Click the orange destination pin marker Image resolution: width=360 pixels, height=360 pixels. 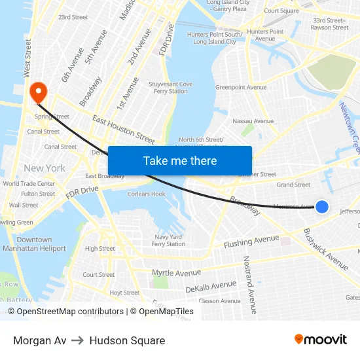pyautogui.click(x=38, y=92)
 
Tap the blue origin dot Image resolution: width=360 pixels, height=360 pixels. pyautogui.click(x=322, y=207)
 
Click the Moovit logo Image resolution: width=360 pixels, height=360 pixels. pyautogui.click(x=320, y=340)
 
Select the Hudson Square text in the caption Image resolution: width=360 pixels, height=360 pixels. pyautogui.click(x=127, y=340)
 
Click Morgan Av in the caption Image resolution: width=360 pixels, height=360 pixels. pyautogui.click(x=39, y=340)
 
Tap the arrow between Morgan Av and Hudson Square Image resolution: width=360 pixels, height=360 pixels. pyautogui.click(x=78, y=340)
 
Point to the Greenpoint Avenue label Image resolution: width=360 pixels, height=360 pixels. pyautogui.click(x=241, y=87)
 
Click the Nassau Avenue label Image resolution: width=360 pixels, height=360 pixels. pyautogui.click(x=253, y=121)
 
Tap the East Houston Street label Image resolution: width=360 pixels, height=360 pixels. pyautogui.click(x=124, y=129)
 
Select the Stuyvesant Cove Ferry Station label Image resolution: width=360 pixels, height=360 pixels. pyautogui.click(x=171, y=88)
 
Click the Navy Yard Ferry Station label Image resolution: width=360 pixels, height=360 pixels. pyautogui.click(x=168, y=240)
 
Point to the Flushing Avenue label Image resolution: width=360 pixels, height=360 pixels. pyautogui.click(x=251, y=242)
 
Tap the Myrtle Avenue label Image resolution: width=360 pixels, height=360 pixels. pyautogui.click(x=176, y=272)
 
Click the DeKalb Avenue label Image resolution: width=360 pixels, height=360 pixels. pyautogui.click(x=211, y=286)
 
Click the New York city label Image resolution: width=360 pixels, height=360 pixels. pyautogui.click(x=45, y=168)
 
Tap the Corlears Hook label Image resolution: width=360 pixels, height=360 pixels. pyautogui.click(x=147, y=194)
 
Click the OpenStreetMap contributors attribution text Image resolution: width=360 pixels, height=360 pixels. pyautogui.click(x=70, y=312)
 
